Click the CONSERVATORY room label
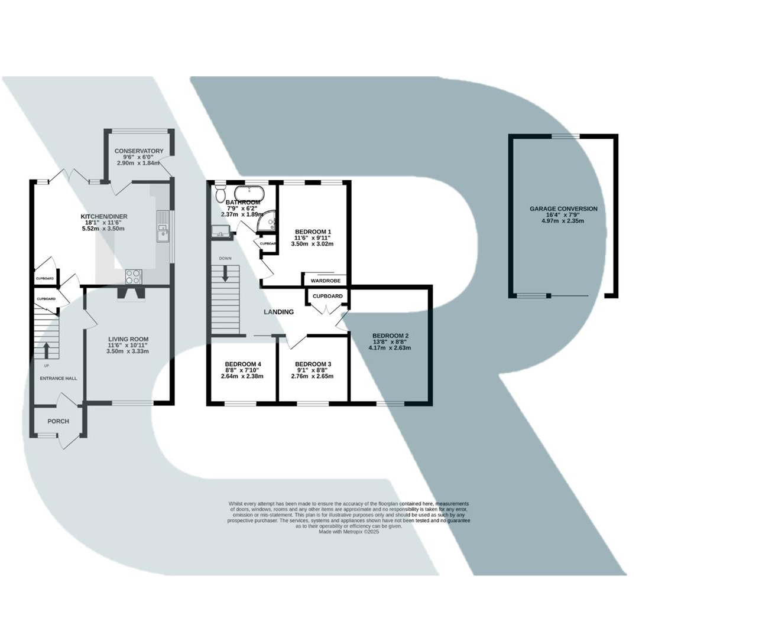point(139,151)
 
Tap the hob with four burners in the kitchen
point(134,276)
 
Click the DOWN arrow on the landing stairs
point(225,274)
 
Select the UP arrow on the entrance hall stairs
point(46,350)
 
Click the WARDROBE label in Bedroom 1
point(325,281)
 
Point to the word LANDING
point(278,312)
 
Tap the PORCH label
point(58,421)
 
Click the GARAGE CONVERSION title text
point(563,209)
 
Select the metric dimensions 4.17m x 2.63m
point(390,348)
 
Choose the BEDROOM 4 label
point(242,364)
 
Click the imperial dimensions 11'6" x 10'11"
point(128,345)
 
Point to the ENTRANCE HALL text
point(58,379)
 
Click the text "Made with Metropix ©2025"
point(349,532)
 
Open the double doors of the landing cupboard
point(327,308)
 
